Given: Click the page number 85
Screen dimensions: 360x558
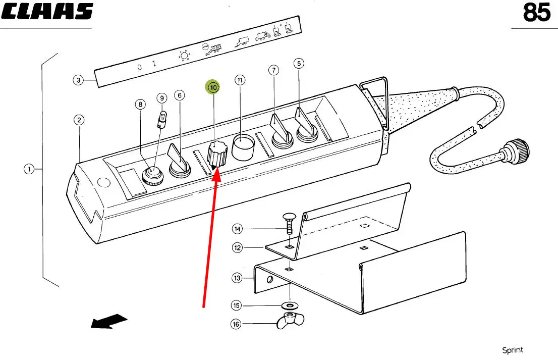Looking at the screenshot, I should (536, 13).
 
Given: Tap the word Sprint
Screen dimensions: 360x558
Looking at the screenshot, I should (512, 350).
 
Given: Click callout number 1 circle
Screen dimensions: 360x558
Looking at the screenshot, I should (29, 169).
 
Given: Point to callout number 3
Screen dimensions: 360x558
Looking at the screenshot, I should (78, 80).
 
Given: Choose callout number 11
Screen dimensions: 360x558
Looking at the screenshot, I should (240, 80).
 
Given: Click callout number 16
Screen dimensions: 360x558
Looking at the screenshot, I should (236, 324).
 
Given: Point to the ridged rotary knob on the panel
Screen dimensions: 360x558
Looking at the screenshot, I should (217, 154).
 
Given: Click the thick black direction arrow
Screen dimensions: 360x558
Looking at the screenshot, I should (108, 321).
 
